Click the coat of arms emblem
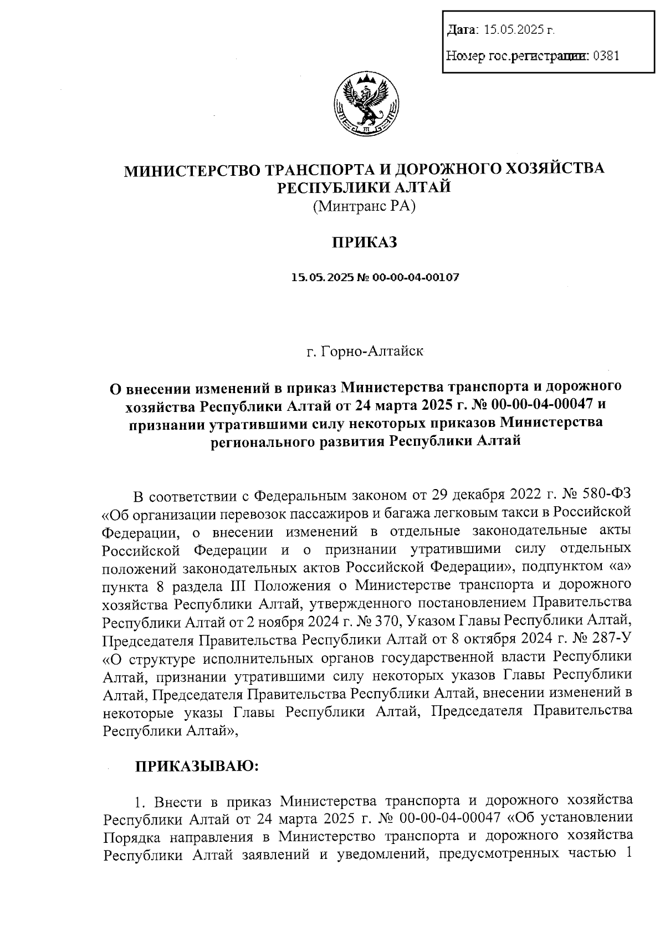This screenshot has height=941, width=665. [x=366, y=104]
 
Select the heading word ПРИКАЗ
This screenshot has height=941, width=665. [x=364, y=242]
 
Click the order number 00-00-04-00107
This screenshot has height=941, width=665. [x=416, y=277]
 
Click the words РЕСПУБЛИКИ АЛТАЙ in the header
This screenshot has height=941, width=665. [x=364, y=187]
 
